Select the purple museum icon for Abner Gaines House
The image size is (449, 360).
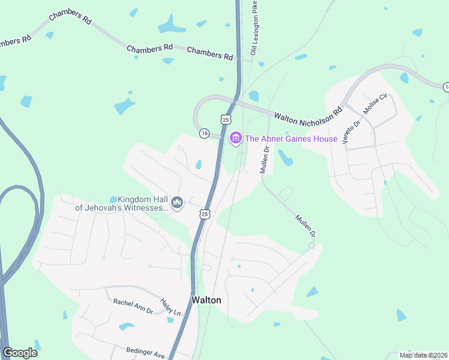[236, 139]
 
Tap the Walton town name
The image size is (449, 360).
[206, 299]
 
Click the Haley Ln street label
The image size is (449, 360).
[170, 307]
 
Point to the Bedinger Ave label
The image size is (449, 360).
[145, 353]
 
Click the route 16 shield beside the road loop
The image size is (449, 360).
[204, 133]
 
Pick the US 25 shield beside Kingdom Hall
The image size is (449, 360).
[205, 214]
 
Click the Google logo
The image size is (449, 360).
[20, 353]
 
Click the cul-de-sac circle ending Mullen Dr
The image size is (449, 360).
[312, 245]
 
